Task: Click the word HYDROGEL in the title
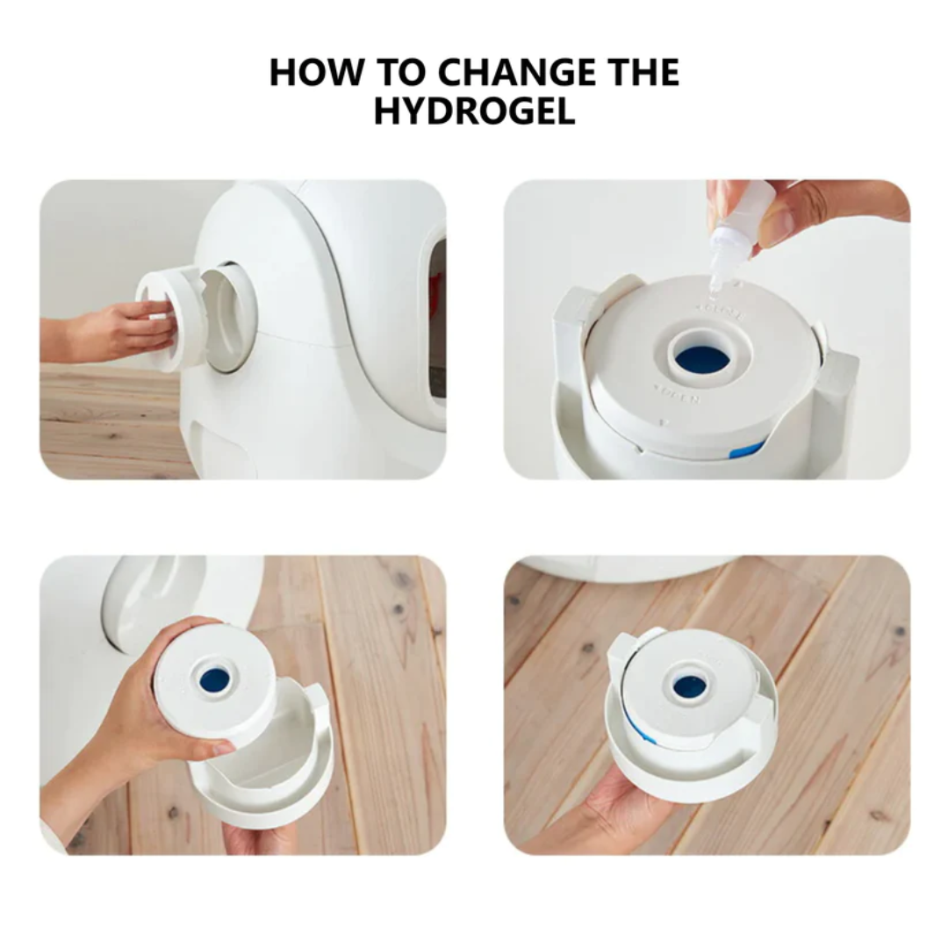click(x=474, y=111)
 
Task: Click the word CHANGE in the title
click(x=521, y=72)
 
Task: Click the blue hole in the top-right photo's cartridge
click(x=702, y=358)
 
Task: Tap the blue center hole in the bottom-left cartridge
click(x=214, y=679)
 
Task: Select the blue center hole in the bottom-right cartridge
click(x=690, y=686)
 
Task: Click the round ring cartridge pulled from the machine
click(x=176, y=316)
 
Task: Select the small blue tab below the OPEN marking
click(x=746, y=449)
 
